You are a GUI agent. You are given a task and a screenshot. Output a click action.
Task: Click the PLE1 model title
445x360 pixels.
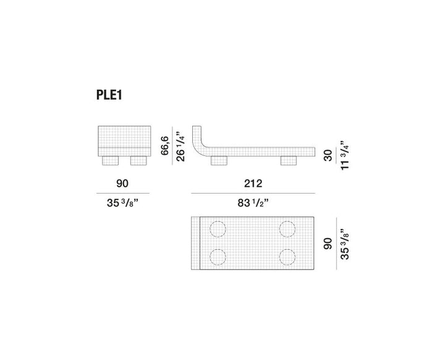point(109,95)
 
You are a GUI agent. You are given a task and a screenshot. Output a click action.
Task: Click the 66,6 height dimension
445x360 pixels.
point(165,146)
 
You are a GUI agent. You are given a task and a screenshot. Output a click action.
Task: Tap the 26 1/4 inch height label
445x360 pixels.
point(180,147)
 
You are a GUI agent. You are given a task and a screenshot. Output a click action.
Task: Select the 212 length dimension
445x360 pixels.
point(253,184)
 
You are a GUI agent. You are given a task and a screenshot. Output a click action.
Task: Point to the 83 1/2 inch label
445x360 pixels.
point(253,203)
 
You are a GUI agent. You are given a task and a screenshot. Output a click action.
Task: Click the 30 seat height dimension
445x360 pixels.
point(328,156)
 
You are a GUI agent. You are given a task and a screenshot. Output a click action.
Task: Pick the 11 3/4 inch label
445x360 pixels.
point(344,155)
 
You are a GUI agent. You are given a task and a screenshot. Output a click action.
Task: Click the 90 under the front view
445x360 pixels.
point(122,184)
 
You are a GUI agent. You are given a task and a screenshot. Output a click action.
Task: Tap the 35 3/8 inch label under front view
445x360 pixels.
point(122,203)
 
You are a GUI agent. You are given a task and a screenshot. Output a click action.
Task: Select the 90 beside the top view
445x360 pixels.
point(328,244)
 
